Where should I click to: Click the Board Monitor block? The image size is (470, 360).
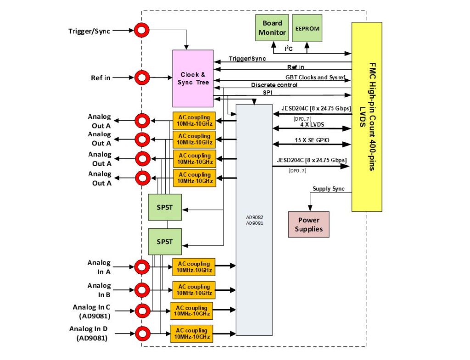272,28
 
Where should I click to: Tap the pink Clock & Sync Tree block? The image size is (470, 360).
193,78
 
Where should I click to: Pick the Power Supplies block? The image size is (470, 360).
308,224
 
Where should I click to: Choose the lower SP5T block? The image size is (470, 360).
165,241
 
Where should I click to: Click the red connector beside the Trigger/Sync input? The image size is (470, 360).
142,31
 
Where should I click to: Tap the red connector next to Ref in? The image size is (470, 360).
142,78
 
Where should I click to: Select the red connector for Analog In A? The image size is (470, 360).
142,266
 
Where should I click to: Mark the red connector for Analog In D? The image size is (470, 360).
142,333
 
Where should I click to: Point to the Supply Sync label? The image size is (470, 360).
328,188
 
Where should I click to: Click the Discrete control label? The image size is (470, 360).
274,85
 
